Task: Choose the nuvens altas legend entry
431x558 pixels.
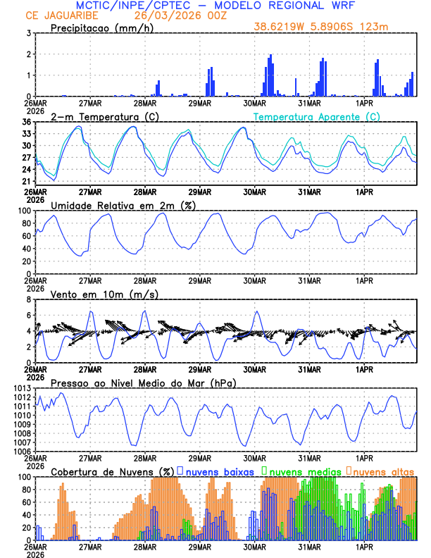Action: [x=382, y=471]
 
